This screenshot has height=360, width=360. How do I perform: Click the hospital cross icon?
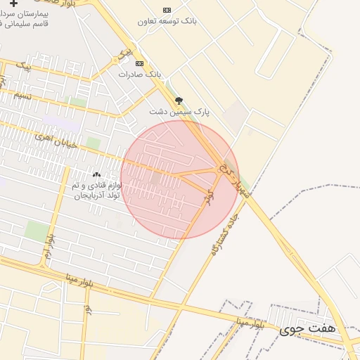pyautogui.click(x=13, y=4)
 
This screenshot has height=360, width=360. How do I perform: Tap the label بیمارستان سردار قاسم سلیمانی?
pyautogui.click(x=29, y=18)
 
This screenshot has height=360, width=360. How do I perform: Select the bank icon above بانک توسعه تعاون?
pyautogui.click(x=167, y=10)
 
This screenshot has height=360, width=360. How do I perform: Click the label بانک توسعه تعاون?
pyautogui.click(x=167, y=22)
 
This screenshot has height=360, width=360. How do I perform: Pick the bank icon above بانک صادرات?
pyautogui.click(x=139, y=63)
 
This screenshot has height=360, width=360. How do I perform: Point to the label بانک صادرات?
pyautogui.click(x=139, y=74)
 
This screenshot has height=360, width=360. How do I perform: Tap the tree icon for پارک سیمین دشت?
pyautogui.click(x=179, y=101)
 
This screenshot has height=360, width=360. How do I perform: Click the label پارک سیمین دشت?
pyautogui.click(x=175, y=112)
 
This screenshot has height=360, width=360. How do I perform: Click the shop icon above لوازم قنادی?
pyautogui.click(x=96, y=174)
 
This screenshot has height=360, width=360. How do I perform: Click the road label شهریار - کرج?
pyautogui.click(x=240, y=178)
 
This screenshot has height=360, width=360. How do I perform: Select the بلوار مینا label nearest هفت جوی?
pyautogui.click(x=250, y=324)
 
